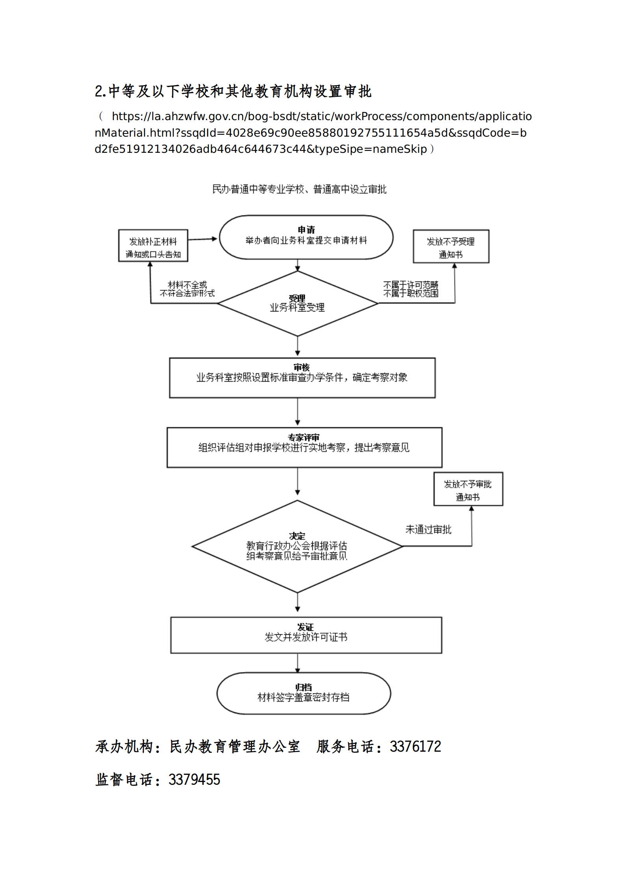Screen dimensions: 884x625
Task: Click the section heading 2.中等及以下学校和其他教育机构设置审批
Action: click(x=233, y=91)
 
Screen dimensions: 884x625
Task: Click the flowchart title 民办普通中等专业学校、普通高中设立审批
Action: click(x=299, y=189)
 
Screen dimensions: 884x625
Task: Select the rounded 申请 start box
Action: click(x=306, y=237)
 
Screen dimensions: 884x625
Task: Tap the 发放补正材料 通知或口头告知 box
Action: click(x=153, y=246)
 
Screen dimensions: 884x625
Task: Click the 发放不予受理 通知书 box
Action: click(x=451, y=246)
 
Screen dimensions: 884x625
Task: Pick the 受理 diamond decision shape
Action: click(x=297, y=304)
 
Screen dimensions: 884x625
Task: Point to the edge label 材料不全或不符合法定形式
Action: click(x=187, y=289)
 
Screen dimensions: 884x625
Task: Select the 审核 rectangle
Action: click(x=302, y=378)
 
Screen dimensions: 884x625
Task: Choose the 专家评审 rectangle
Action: click(x=304, y=447)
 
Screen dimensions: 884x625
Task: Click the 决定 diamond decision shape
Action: click(x=297, y=547)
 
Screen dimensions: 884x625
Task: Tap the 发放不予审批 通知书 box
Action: click(x=468, y=489)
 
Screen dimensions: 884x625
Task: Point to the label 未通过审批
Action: click(x=428, y=530)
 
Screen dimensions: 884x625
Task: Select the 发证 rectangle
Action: click(x=306, y=635)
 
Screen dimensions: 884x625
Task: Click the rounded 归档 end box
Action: click(x=304, y=693)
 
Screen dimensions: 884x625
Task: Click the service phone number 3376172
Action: click(x=415, y=747)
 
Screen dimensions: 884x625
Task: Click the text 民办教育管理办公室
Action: click(x=235, y=747)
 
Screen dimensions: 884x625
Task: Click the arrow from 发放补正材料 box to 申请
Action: click(x=202, y=239)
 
